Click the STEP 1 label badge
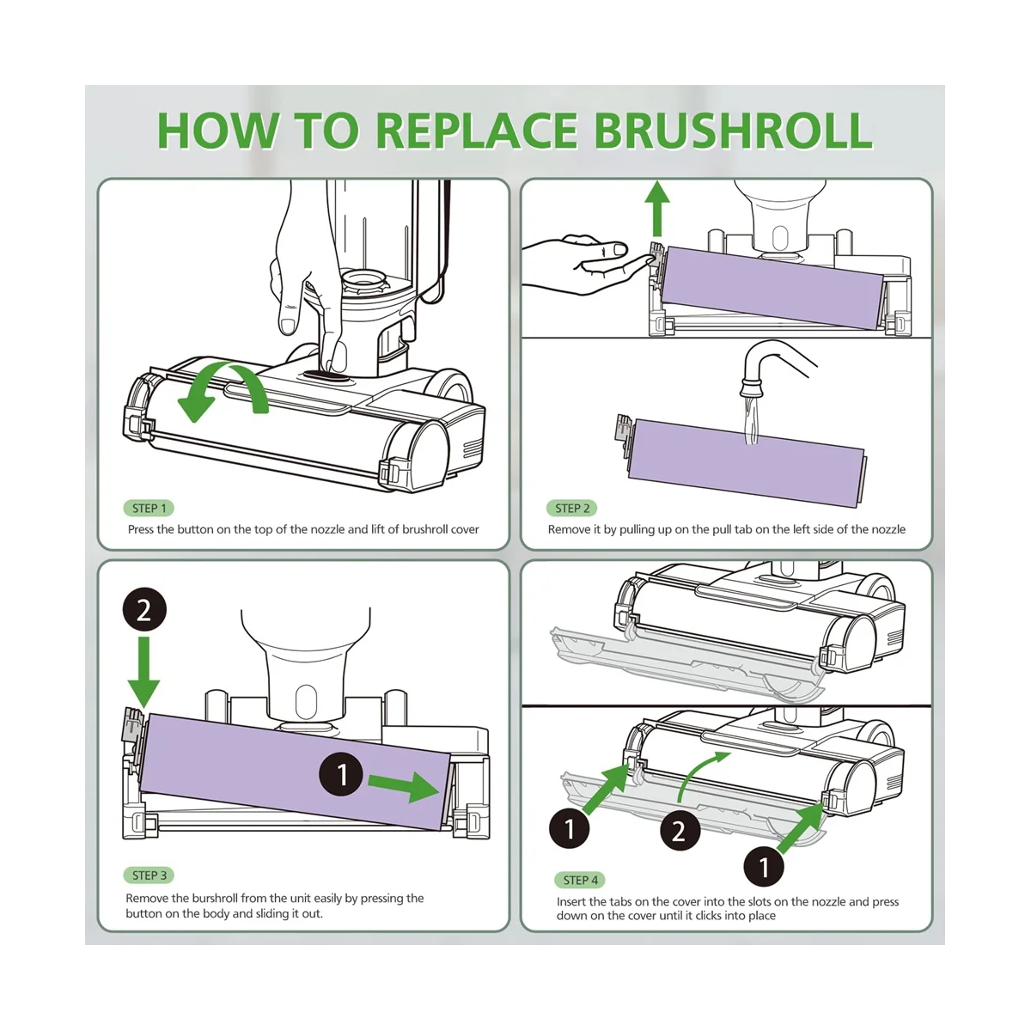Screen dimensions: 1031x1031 coord(149,508)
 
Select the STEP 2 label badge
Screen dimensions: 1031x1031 coord(572,508)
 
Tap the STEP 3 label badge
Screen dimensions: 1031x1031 coord(149,875)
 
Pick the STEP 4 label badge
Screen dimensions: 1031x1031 coord(581,880)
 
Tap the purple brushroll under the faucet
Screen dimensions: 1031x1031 coord(747,452)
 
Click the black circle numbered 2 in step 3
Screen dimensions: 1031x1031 coord(143,610)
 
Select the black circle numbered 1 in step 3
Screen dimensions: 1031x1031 coord(343,774)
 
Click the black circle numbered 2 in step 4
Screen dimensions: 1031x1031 coord(680,831)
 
